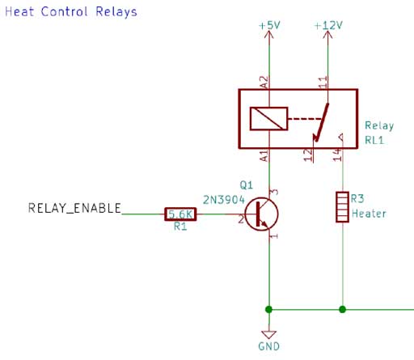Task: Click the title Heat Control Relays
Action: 71,12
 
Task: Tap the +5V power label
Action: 268,26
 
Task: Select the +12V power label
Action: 327,26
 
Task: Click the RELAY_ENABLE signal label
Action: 74,209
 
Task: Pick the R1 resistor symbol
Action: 180,214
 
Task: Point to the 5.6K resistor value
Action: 180,214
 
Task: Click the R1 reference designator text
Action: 180,227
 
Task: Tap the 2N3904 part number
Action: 223,197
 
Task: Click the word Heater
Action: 369,214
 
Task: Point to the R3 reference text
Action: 358,198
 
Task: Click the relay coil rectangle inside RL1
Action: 268,119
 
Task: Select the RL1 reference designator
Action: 374,138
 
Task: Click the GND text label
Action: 269,346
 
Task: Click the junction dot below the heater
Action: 342,309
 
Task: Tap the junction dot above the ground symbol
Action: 268,309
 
